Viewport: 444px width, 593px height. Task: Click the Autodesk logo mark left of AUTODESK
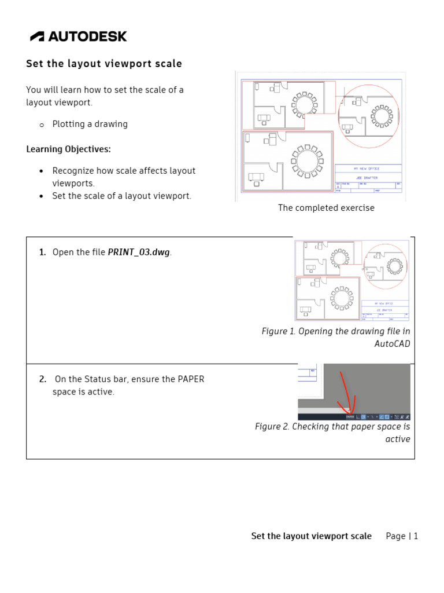(x=37, y=36)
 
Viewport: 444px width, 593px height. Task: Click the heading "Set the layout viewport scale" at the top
(x=104, y=64)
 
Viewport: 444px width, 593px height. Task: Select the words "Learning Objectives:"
(x=68, y=149)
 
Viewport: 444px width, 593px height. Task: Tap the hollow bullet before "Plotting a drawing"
(x=42, y=125)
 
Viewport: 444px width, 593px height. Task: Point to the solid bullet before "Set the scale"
(x=41, y=196)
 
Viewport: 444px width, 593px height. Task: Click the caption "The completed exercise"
(x=326, y=208)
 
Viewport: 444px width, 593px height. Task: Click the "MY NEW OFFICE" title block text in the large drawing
(x=368, y=169)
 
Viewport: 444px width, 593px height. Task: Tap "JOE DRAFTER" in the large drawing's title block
(x=368, y=177)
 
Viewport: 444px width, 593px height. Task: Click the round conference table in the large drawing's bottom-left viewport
(x=306, y=160)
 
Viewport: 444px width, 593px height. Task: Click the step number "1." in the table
(x=42, y=252)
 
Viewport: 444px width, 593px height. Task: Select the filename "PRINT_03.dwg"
(x=139, y=252)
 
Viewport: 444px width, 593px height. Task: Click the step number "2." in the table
(x=42, y=379)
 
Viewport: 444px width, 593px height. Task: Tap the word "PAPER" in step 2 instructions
(x=191, y=379)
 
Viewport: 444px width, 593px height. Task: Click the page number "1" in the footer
(x=415, y=536)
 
